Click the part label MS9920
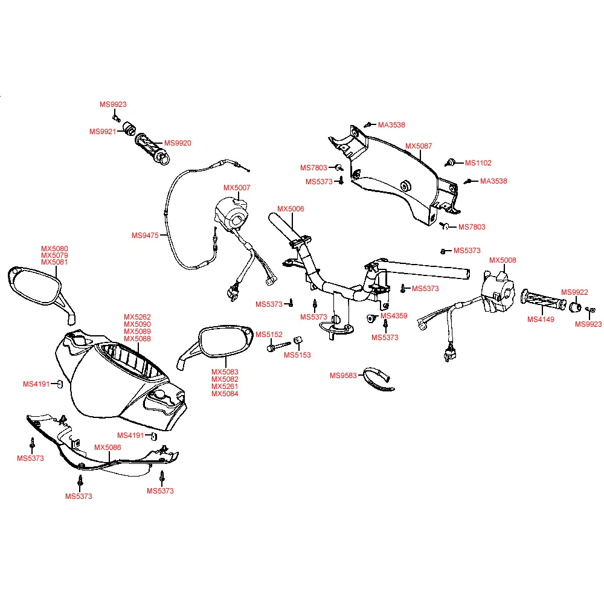click(178, 143)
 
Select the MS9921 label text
click(102, 132)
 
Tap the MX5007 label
click(237, 188)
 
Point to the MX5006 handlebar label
click(291, 209)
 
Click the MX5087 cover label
click(419, 146)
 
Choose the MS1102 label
click(478, 163)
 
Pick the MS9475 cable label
click(145, 236)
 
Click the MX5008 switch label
click(503, 260)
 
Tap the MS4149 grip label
click(541, 320)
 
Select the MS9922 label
click(574, 292)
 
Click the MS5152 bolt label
click(269, 335)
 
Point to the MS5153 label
click(297, 355)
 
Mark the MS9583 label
click(342, 376)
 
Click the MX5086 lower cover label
click(108, 448)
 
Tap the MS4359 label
click(394, 316)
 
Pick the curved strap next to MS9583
click(377, 378)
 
